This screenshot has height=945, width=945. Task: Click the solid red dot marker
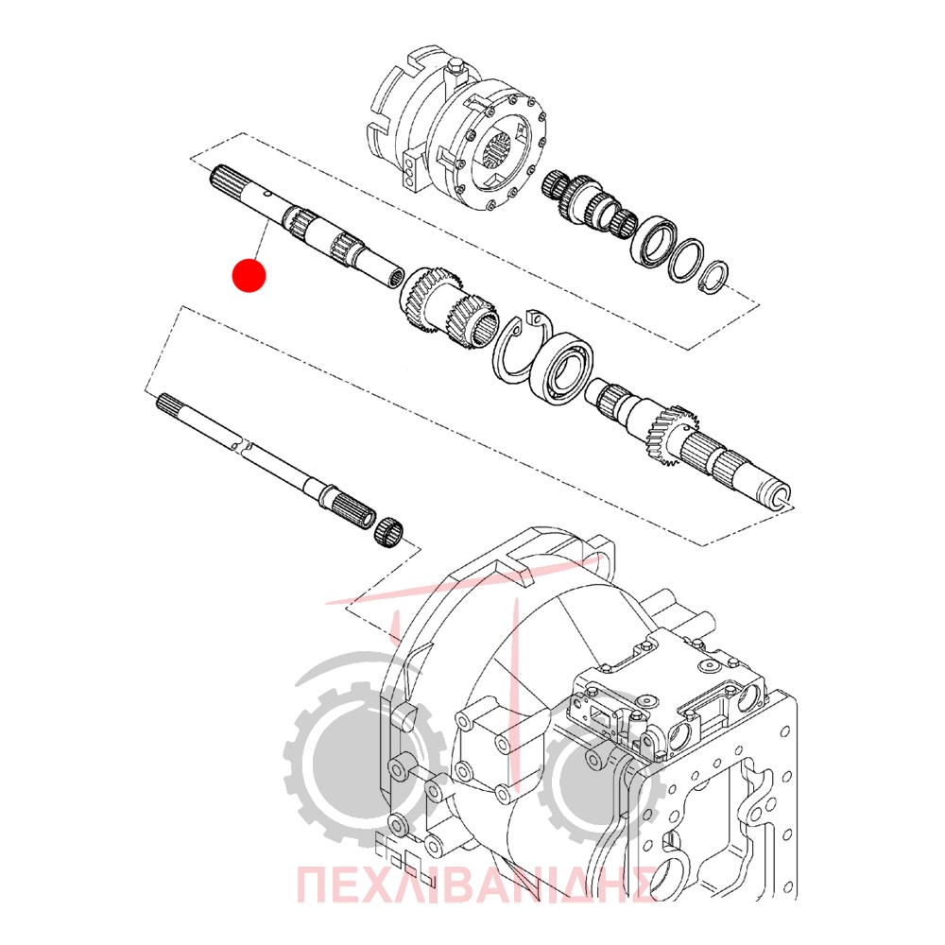coord(249,275)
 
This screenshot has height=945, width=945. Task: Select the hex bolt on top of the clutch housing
coord(456,69)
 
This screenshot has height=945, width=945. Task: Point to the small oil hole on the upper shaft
coord(266,195)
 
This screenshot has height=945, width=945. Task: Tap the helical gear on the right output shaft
coord(675,432)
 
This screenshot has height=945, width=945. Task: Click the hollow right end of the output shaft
coord(778,495)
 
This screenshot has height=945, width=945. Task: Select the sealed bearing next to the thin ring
coord(654,241)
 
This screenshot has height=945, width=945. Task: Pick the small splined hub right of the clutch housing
coord(590,204)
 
